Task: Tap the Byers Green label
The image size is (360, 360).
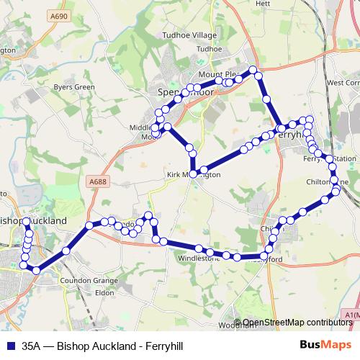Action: coord(74,87)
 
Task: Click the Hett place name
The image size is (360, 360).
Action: coord(262,4)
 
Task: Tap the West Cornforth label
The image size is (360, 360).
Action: coord(343,83)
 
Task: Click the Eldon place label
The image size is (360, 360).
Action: coord(105,293)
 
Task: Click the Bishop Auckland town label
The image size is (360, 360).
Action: coord(35,220)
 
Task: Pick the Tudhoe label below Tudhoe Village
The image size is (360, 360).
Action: coord(210,49)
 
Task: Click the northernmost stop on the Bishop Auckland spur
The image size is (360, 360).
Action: coord(27,222)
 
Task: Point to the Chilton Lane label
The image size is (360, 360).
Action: coord(328,182)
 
